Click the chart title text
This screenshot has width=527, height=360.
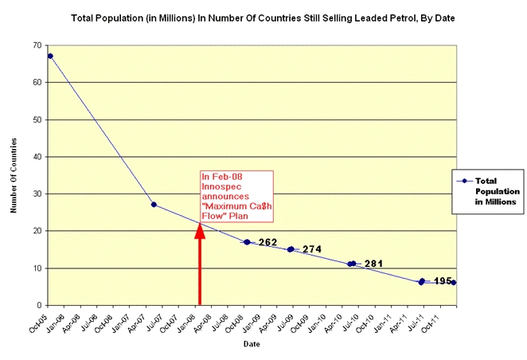pos(262,16)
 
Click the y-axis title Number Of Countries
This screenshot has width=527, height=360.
pos(14,175)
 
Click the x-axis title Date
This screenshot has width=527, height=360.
pos(252,344)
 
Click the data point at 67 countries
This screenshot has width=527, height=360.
pos(50,56)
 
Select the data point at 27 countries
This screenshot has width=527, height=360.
pos(154,205)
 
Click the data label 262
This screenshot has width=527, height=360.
pos(267,241)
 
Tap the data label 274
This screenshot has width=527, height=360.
pos(312,249)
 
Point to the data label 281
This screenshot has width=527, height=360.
pos(373,263)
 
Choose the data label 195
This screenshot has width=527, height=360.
pos(443,280)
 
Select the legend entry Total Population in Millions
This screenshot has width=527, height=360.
pos(485,192)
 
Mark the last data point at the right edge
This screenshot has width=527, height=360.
pos(453,283)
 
